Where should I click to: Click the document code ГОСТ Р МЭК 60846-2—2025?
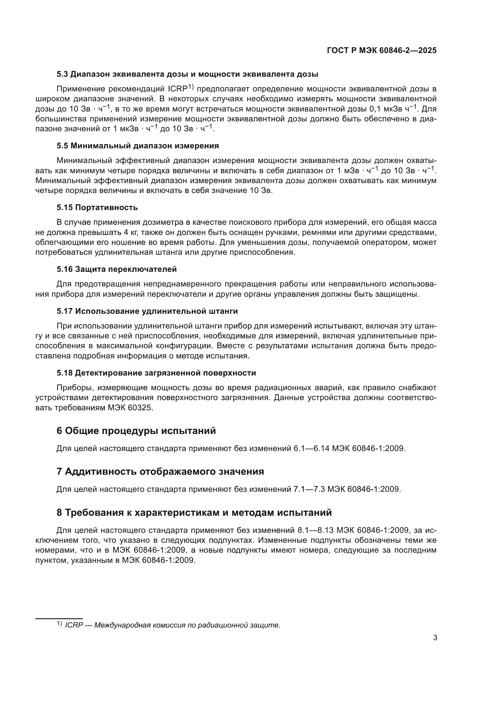(x=381, y=50)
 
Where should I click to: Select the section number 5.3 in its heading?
(x=63, y=74)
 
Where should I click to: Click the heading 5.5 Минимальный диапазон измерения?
(x=138, y=146)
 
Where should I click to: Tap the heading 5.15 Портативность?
(x=97, y=208)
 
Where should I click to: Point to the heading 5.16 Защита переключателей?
(x=117, y=269)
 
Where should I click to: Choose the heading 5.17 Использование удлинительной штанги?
(x=147, y=311)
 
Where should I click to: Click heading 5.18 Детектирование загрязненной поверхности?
(x=156, y=373)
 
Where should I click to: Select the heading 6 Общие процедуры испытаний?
(x=136, y=431)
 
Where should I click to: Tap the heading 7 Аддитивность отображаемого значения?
(x=160, y=471)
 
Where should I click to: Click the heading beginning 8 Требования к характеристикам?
(x=194, y=512)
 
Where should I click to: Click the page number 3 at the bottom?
(x=435, y=638)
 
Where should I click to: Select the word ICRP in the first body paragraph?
(x=178, y=89)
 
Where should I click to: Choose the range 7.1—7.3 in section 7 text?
(x=309, y=489)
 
